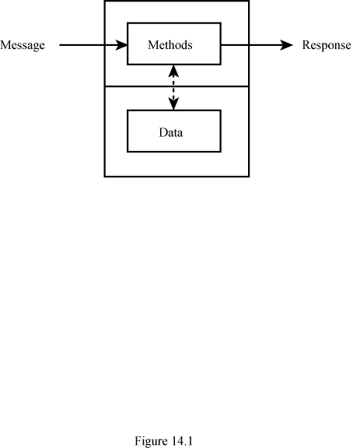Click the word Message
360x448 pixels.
23,45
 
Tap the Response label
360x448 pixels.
327,45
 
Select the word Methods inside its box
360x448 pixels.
170,45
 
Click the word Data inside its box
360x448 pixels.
170,132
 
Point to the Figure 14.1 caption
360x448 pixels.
164,441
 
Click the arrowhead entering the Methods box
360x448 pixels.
122,45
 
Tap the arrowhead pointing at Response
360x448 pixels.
286,45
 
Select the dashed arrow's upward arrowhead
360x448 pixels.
173,71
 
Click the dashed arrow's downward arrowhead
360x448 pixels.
173,104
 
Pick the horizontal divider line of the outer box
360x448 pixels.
177,86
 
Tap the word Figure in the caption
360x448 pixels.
151,441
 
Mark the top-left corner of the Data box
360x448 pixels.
128,110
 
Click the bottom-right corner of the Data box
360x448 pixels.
221,152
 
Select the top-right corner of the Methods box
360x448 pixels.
221,23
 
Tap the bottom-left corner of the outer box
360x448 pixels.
105,177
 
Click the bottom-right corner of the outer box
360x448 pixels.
249,177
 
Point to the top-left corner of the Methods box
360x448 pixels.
128,23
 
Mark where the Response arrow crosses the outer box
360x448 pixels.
249,45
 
